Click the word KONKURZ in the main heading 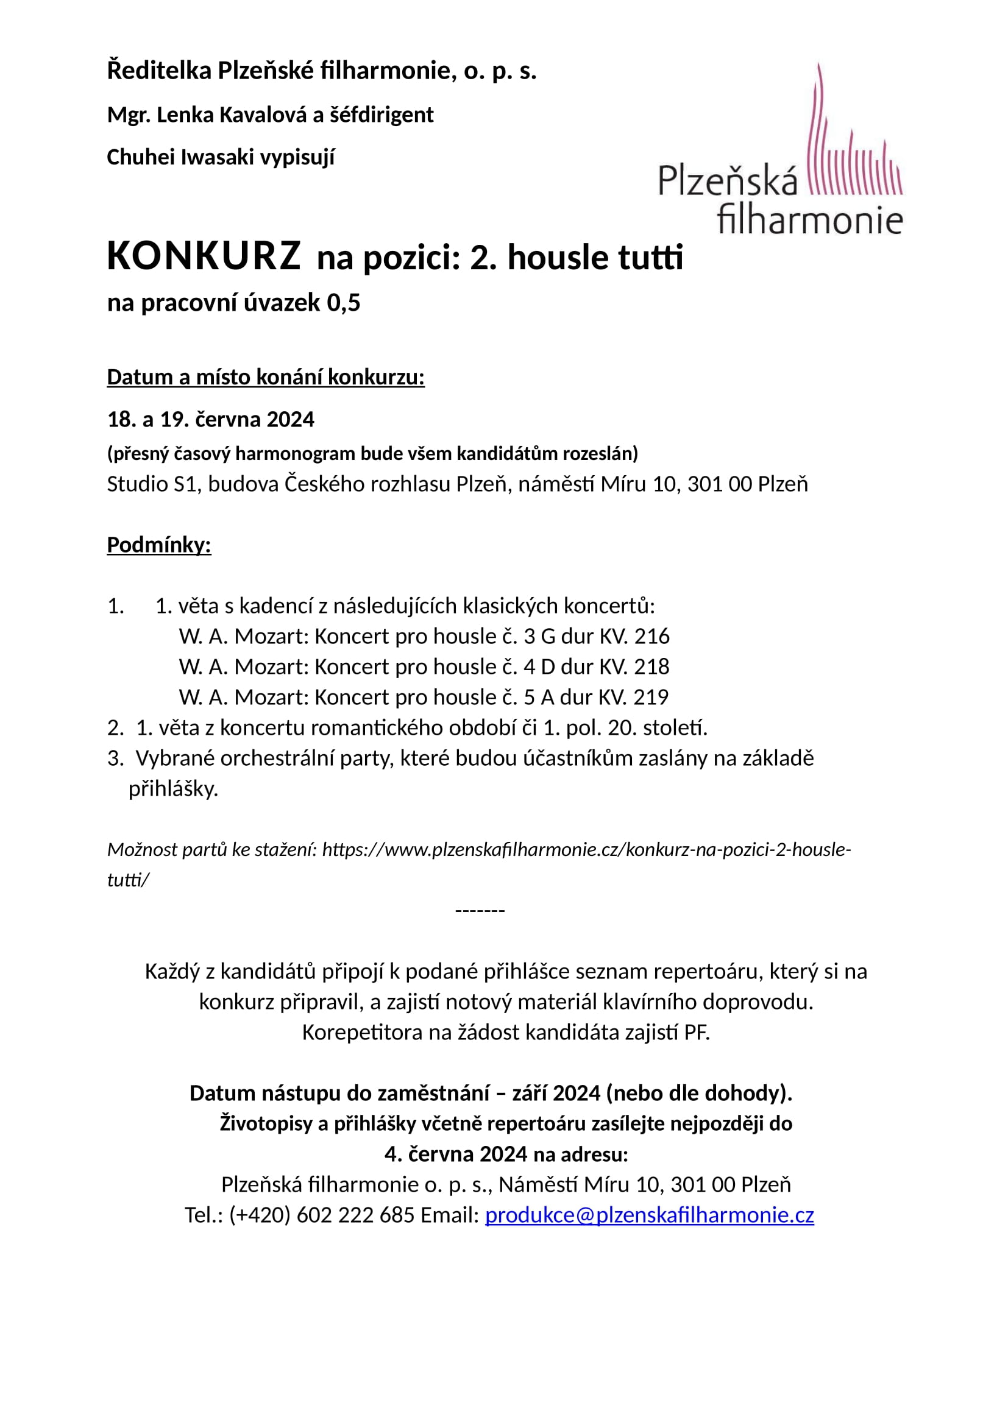click(x=204, y=256)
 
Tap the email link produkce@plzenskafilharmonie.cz click(x=648, y=1215)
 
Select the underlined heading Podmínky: click(x=159, y=544)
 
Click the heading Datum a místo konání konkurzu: click(x=266, y=377)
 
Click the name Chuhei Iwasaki click(x=180, y=157)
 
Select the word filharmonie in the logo click(x=809, y=221)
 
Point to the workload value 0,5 click(x=343, y=303)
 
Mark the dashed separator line click(x=480, y=910)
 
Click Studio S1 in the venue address click(x=152, y=484)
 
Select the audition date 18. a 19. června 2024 click(x=210, y=420)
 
